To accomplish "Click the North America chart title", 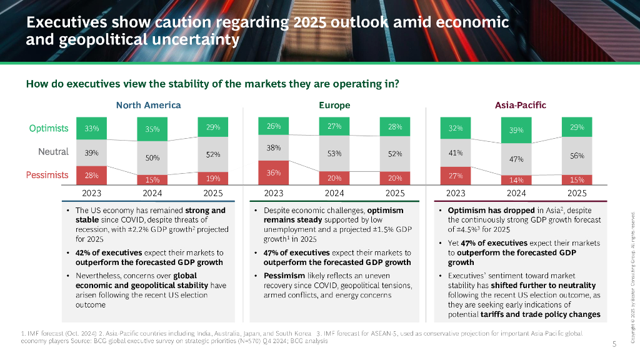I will [x=148, y=105].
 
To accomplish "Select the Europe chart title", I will [x=334, y=105].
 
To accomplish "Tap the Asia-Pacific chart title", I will [x=520, y=105].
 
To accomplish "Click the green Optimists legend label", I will [x=49, y=128].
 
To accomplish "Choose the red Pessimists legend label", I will [x=47, y=175].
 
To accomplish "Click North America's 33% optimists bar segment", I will [x=91, y=128].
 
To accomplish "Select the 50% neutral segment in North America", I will [x=152, y=158].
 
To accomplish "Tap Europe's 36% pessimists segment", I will [x=274, y=172].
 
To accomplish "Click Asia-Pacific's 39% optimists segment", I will [x=516, y=130].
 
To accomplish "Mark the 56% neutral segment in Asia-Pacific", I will [x=577, y=156].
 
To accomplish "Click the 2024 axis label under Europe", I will [x=334, y=193].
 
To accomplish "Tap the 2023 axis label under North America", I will [x=91, y=193].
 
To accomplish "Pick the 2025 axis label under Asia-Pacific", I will [x=577, y=193].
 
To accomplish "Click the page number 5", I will [x=614, y=344].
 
